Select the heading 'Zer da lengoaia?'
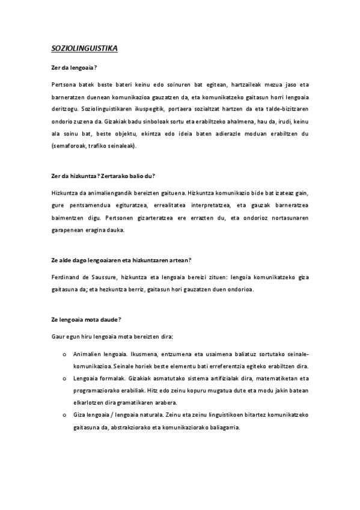[x=75, y=69]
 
